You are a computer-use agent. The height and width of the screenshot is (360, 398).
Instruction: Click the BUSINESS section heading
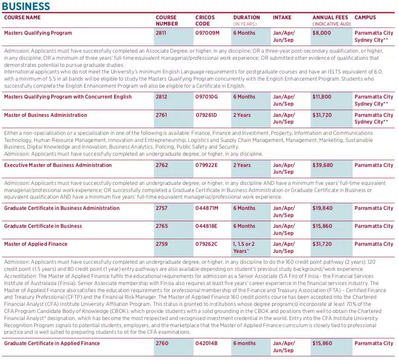[x=26, y=6]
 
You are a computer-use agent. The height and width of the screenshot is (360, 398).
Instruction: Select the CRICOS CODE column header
[x=205, y=20]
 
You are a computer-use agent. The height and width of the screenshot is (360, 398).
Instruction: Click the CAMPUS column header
[x=365, y=18]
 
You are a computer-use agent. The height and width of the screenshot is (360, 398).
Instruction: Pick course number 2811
[x=162, y=33]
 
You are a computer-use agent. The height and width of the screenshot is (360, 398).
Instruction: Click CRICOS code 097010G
[x=207, y=97]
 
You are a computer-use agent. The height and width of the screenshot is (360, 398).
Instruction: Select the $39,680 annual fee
[x=323, y=165]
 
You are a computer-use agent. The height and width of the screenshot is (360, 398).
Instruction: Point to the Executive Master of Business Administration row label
[x=58, y=165]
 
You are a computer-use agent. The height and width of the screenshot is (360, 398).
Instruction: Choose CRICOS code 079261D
[x=207, y=115]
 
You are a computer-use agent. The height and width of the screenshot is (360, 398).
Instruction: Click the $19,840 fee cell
[x=323, y=208]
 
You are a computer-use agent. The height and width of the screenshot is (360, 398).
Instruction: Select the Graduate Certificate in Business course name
[x=43, y=226]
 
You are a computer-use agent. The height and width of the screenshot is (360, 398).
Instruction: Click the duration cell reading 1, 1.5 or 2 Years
[x=244, y=247]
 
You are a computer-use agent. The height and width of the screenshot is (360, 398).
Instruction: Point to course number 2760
[x=162, y=343]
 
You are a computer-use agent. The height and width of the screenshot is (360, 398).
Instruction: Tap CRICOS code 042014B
[x=207, y=343]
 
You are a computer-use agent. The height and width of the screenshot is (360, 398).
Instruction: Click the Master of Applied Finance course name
[x=36, y=244]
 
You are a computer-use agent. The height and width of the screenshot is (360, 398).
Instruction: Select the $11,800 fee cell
[x=322, y=97]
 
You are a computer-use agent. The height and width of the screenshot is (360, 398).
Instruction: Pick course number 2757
[x=162, y=208]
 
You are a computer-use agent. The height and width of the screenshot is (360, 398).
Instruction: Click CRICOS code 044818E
[x=207, y=226]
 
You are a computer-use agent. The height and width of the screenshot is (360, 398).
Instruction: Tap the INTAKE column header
[x=282, y=18]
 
